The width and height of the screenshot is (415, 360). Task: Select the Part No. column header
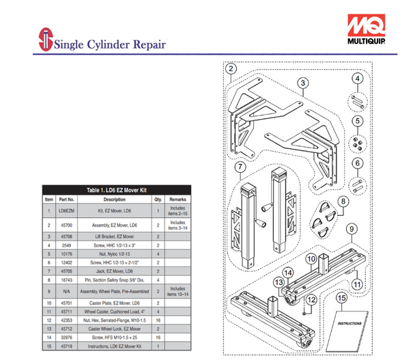click(x=66, y=199)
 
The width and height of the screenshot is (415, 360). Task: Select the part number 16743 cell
click(x=66, y=279)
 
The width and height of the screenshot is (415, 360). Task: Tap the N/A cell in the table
click(x=66, y=291)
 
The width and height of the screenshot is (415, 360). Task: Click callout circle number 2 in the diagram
click(x=231, y=68)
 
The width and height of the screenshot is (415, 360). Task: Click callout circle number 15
click(x=341, y=298)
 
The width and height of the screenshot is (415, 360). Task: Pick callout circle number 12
click(x=309, y=299)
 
